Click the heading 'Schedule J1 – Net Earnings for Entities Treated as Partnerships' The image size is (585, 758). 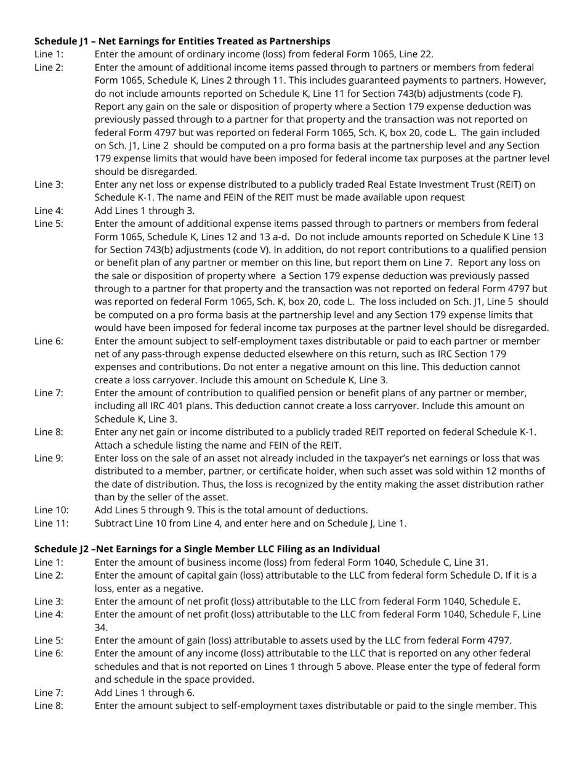tap(182, 41)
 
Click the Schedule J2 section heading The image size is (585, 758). tap(207, 549)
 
